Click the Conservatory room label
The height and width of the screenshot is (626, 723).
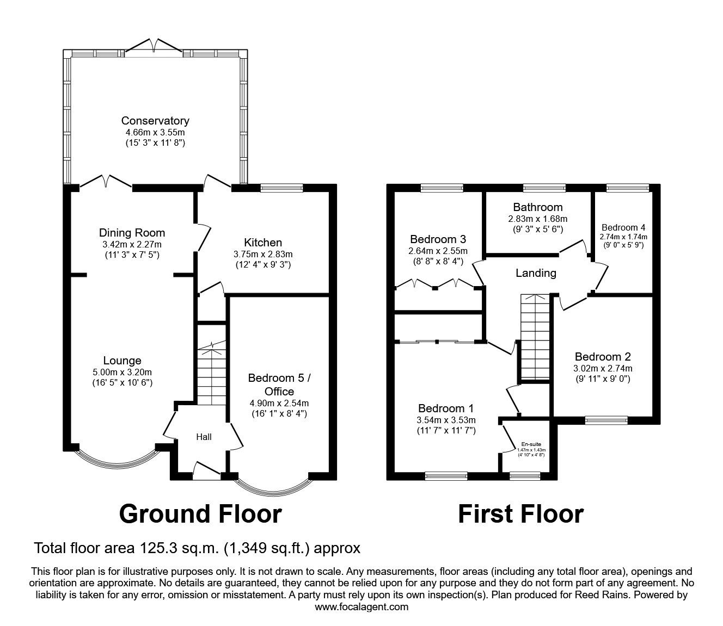click(155, 121)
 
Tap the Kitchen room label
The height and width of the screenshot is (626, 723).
click(263, 243)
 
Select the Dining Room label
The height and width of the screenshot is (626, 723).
click(132, 233)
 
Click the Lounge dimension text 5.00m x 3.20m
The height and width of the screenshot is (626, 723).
click(122, 372)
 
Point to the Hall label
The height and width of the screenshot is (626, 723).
click(204, 437)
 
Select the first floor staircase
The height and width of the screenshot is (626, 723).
click(535, 337)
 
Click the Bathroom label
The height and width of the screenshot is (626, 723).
click(537, 207)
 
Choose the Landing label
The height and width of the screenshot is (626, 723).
click(536, 273)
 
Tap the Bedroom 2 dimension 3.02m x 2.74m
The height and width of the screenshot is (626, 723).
click(603, 368)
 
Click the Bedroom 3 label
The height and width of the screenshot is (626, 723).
click(438, 239)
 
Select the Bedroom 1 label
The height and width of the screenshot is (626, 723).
click(446, 408)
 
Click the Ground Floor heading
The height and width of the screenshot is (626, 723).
click(200, 513)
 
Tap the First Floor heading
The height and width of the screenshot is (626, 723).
click(520, 513)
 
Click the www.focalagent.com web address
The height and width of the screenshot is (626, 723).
click(361, 607)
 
